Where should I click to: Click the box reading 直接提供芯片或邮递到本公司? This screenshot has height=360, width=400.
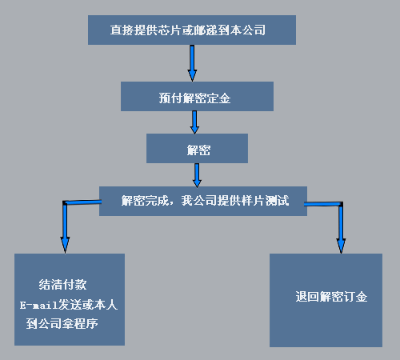tap(192, 30)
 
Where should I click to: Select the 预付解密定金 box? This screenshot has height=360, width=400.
tap(197, 96)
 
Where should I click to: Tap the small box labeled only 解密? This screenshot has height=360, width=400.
tap(197, 148)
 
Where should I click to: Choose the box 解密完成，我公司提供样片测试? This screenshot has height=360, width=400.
tap(203, 201)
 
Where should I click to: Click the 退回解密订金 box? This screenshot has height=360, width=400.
tap(326, 300)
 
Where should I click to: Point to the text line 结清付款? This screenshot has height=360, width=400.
tap(62, 285)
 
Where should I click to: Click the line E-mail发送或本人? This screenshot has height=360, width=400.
tap(69, 305)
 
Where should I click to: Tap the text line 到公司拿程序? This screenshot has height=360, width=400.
tap(62, 324)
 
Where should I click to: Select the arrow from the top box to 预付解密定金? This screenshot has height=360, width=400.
tap(192, 63)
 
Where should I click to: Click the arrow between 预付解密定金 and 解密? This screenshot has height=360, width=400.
tap(194, 122)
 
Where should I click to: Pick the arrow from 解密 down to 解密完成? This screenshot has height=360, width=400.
tap(197, 175)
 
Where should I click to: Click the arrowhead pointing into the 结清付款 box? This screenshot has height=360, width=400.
tap(65, 245)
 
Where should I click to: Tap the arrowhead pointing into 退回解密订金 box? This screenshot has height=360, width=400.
tap(341, 246)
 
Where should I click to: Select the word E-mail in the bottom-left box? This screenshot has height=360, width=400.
tap(39, 305)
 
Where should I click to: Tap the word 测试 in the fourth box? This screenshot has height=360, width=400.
tap(277, 201)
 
